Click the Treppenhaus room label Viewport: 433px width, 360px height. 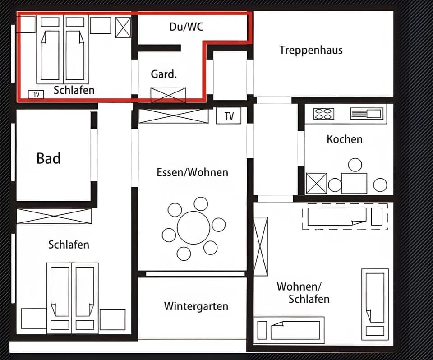(311, 50)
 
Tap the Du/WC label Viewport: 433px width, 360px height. (186, 27)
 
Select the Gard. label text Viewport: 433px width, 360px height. (163, 74)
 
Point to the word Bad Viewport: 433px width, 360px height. (49, 159)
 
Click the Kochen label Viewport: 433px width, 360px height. (344, 139)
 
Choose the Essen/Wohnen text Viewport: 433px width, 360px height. (192, 172)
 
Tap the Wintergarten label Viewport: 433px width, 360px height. (196, 306)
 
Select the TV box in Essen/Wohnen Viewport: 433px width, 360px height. (229, 116)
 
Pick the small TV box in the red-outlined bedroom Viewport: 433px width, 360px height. (36, 94)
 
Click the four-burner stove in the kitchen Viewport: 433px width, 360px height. (323, 114)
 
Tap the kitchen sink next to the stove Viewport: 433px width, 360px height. (367, 114)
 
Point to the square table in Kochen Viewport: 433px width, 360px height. (354, 183)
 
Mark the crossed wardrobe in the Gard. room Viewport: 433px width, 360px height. (168, 95)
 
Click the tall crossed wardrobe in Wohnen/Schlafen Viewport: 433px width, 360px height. (261, 246)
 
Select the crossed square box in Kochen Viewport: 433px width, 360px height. (316, 183)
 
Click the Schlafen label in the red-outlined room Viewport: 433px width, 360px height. (74, 90)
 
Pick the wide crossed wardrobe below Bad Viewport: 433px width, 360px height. (54, 216)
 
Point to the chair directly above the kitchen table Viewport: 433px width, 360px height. (355, 165)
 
